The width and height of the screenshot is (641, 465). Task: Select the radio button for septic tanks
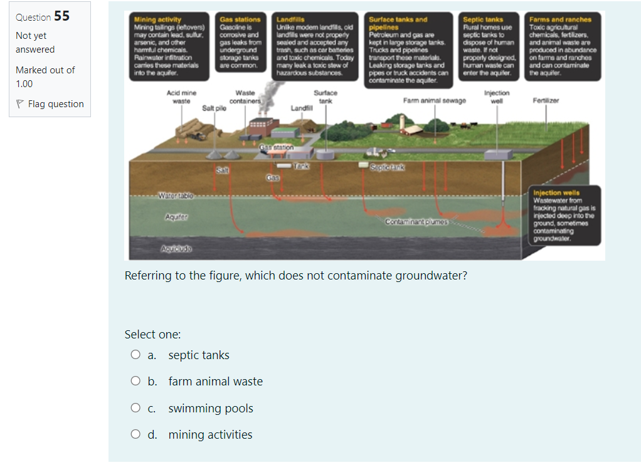tap(135, 355)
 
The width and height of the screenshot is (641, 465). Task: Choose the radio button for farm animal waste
tap(135, 382)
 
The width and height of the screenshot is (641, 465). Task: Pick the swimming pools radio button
tap(135, 409)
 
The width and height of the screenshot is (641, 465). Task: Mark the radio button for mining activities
tap(135, 435)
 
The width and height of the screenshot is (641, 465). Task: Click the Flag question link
tap(55, 104)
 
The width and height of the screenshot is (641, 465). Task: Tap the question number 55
tap(62, 16)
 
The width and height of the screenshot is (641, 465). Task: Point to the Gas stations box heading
tap(240, 20)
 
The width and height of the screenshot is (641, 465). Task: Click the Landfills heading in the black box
tap(290, 20)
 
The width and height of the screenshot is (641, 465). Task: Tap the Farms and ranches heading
tap(556, 20)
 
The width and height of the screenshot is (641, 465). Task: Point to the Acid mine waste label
tap(181, 97)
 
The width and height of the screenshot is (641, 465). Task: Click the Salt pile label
tap(214, 108)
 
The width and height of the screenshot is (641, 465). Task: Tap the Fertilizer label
tap(545, 100)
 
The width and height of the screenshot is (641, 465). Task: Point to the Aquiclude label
tap(175, 249)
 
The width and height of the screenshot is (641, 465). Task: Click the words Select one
tap(152, 335)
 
